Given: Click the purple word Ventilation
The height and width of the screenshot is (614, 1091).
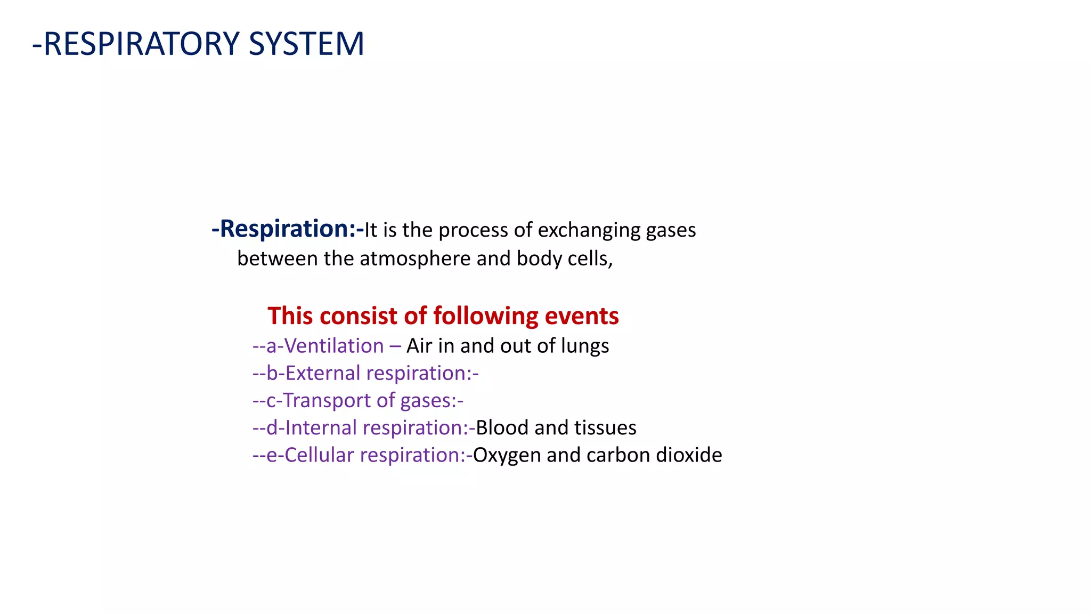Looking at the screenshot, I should pos(334,346).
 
